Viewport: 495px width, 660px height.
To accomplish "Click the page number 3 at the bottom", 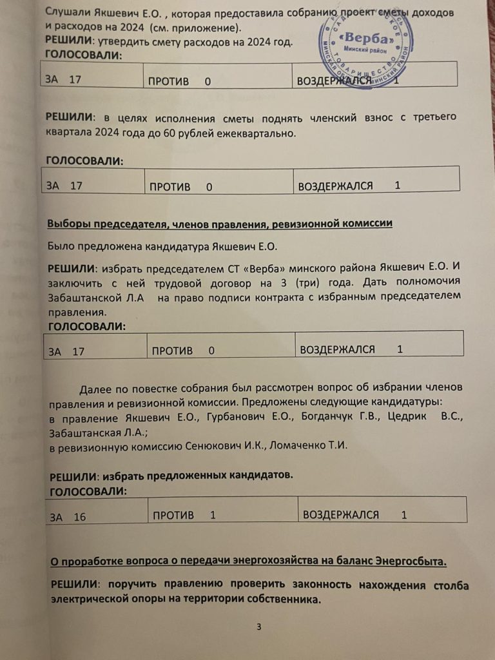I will coord(258,627).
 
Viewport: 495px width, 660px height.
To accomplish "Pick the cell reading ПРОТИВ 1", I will coord(184,514).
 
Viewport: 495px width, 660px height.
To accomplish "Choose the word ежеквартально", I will coord(260,133).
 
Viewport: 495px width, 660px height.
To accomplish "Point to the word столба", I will coord(447,585).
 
